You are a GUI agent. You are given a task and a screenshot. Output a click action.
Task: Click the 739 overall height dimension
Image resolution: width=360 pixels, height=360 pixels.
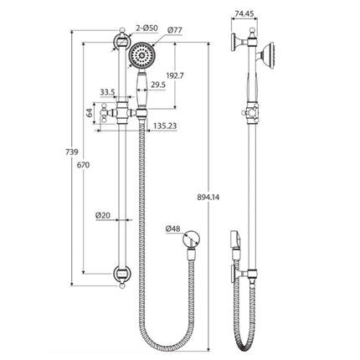click(x=71, y=151)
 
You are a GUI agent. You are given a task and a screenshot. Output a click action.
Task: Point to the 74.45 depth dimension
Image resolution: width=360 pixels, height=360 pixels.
click(x=244, y=13)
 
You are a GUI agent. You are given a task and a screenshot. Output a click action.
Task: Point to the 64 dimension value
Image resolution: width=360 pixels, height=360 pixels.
click(x=90, y=111)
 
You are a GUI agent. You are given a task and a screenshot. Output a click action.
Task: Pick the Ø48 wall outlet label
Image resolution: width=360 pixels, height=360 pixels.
click(x=173, y=227)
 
